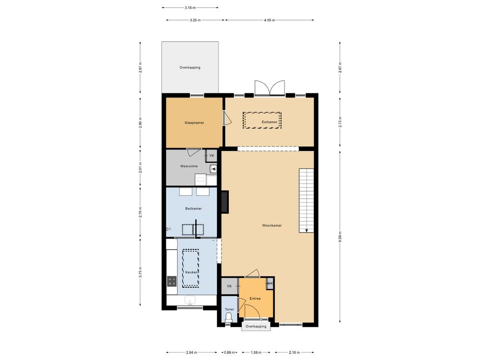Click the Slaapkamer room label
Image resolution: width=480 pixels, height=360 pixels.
(x=194, y=123)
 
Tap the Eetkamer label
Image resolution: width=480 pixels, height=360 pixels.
(x=270, y=122)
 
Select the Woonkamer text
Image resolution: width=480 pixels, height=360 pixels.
(x=272, y=225)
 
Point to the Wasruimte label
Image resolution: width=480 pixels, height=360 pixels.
(x=189, y=166)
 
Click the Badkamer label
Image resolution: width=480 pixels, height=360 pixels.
(x=194, y=209)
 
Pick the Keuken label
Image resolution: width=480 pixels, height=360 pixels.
(x=191, y=272)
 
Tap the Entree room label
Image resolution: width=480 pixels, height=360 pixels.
(x=255, y=299)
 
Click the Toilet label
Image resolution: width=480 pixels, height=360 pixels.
(x=229, y=309)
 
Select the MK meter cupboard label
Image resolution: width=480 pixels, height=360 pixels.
(x=270, y=284)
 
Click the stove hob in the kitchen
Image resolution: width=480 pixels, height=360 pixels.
(x=172, y=281)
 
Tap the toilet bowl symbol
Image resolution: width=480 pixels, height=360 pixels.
(x=229, y=320)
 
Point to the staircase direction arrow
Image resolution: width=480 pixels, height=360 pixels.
(x=307, y=230)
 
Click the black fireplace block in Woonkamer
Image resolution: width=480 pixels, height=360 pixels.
(x=225, y=202)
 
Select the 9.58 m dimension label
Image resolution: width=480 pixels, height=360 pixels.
(x=340, y=237)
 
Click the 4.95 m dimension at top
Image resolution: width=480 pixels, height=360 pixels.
(x=270, y=20)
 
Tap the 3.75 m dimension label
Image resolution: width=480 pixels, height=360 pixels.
(x=140, y=272)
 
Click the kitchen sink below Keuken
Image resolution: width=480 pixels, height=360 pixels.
(x=190, y=300)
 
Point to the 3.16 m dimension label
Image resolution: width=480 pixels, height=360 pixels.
(x=190, y=7)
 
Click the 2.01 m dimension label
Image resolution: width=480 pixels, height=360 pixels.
(x=140, y=167)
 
